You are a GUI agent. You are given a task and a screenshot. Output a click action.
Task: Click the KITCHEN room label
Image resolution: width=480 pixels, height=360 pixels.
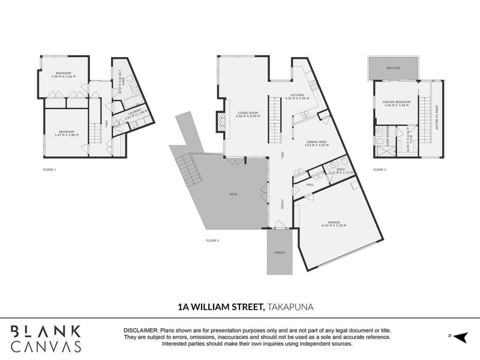click(297, 95)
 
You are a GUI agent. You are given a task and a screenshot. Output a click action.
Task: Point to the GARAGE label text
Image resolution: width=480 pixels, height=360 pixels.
click(333, 221)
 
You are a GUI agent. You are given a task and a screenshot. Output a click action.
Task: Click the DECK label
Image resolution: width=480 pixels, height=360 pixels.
click(233, 194)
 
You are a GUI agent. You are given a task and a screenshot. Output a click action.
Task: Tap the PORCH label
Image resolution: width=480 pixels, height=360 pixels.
click(280, 253)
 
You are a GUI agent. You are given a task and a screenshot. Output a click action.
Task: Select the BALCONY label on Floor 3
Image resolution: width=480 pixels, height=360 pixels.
click(394, 68)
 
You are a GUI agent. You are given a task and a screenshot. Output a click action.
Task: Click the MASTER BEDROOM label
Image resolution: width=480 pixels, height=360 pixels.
click(397, 102)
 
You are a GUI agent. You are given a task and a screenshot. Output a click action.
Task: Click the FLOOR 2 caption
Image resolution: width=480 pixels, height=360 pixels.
click(212, 241)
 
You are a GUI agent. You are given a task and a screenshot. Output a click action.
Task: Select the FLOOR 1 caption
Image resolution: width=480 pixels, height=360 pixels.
click(50, 170)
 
